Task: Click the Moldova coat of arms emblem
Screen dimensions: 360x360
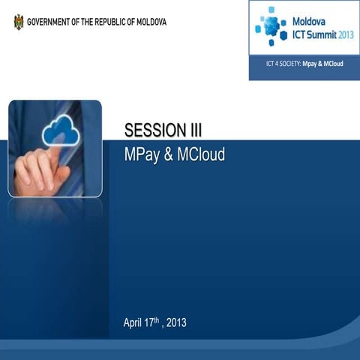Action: click(x=18, y=22)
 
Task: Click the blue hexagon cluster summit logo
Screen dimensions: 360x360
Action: click(x=271, y=26)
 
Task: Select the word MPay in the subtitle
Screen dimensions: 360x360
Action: click(x=142, y=155)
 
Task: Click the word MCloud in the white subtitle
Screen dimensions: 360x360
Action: click(x=200, y=155)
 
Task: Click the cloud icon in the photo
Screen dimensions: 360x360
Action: click(x=61, y=130)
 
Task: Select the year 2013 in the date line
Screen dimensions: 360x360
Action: click(x=176, y=323)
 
